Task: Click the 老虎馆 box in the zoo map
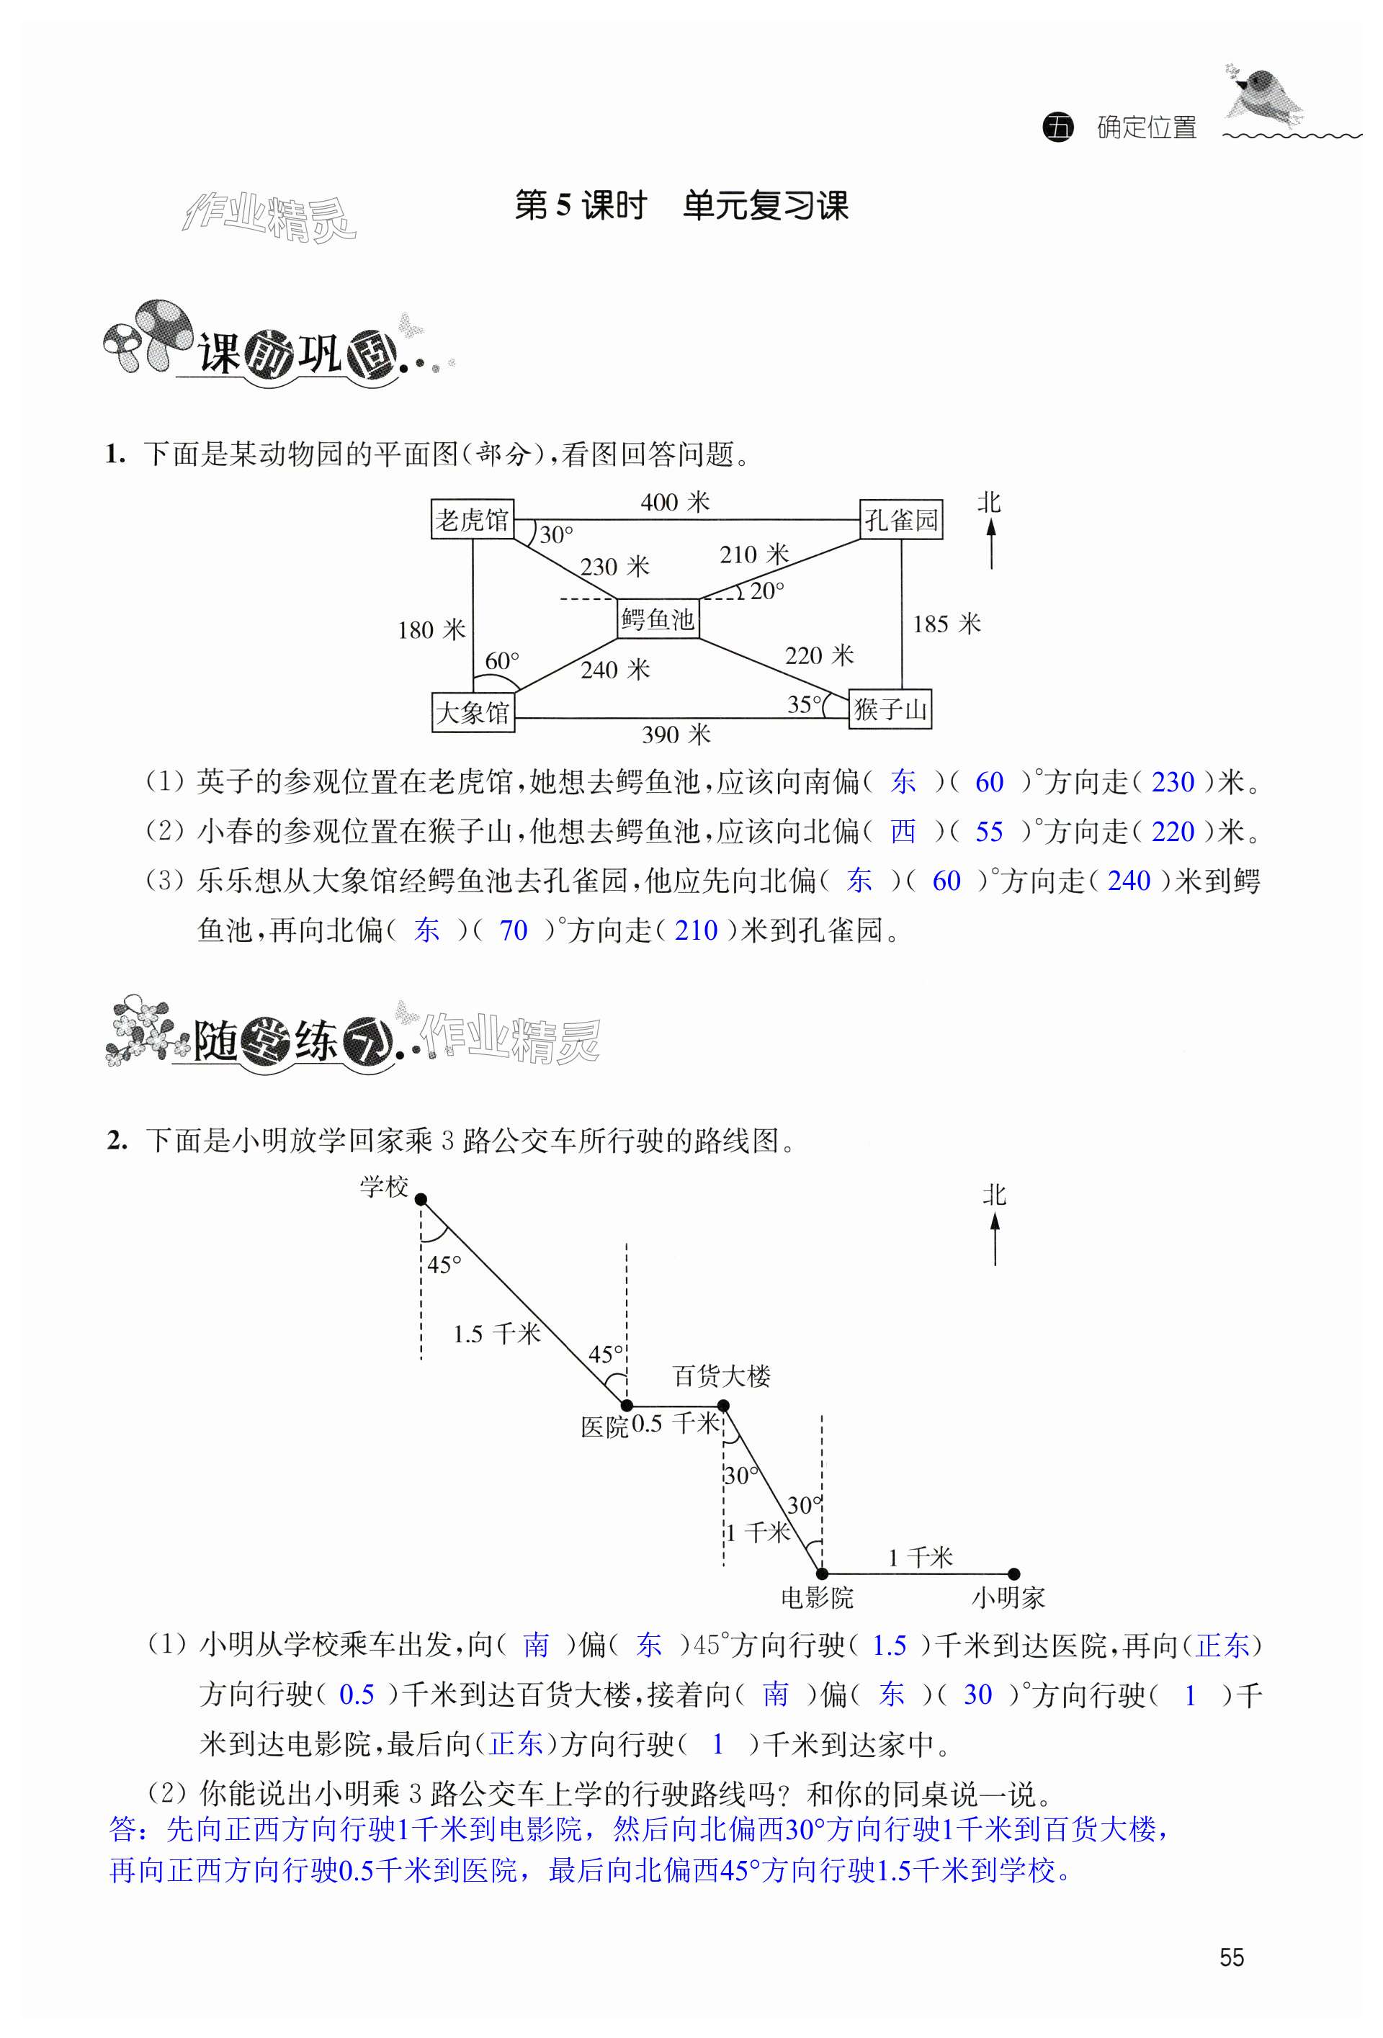472,519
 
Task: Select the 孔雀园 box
900,520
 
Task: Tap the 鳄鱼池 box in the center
658,619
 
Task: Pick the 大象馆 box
473,711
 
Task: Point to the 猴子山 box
890,709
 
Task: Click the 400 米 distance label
674,503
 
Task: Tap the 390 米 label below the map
675,735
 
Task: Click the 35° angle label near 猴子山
804,704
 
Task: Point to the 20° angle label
766,592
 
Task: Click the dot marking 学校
421,1200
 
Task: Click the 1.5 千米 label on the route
496,1334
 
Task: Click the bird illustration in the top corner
1263,95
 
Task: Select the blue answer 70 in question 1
513,930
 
